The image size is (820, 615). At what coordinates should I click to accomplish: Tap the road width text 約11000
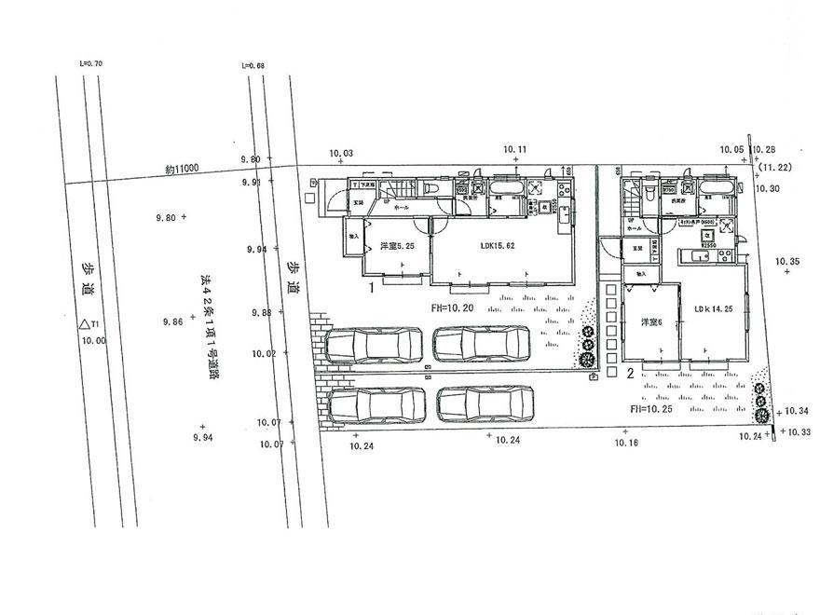183,169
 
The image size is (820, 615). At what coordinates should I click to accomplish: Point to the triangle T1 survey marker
89,325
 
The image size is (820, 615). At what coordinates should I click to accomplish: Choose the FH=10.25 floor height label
651,408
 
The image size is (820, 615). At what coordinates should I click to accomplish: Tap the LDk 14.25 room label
712,308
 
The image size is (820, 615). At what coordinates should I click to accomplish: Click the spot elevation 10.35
786,262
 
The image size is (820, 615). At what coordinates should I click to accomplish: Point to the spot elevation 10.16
626,443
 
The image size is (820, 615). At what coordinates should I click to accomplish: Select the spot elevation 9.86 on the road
171,321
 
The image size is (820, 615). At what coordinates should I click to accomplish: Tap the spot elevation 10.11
515,149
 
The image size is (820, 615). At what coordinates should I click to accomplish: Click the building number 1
371,289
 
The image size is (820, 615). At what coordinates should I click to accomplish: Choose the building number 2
630,374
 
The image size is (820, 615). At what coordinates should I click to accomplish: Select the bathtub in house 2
714,191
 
